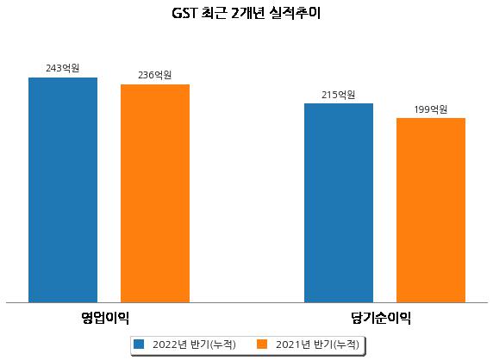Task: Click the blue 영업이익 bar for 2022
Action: coord(63,190)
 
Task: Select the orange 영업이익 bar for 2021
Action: coord(155,194)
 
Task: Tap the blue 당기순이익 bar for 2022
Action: coord(339,203)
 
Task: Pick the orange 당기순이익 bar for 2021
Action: coord(431,210)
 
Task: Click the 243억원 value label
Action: coord(63,68)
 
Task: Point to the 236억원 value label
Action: coord(154,75)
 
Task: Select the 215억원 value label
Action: coord(339,95)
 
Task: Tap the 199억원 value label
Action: coord(430,109)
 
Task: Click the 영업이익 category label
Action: coord(104,318)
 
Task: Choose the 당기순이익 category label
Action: coord(381,318)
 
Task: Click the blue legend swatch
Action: coord(139,344)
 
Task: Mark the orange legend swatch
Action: coord(262,344)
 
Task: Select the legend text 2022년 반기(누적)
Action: coord(194,344)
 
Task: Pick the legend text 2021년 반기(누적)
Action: coord(317,344)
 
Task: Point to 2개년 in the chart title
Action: coord(247,14)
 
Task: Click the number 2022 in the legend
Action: coord(165,344)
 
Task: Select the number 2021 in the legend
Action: coord(288,344)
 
